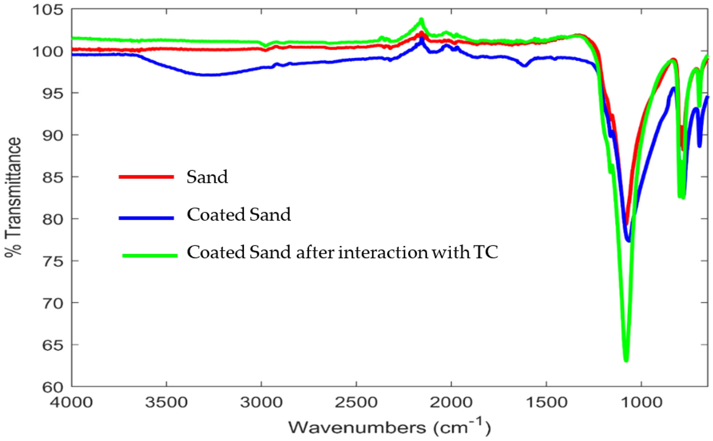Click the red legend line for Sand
[x=146, y=177]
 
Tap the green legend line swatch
[x=149, y=255]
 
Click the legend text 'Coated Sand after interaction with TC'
[x=342, y=253]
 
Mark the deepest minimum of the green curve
[x=626, y=360]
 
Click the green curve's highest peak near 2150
[x=421, y=20]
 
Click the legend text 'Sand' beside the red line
[x=207, y=177]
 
